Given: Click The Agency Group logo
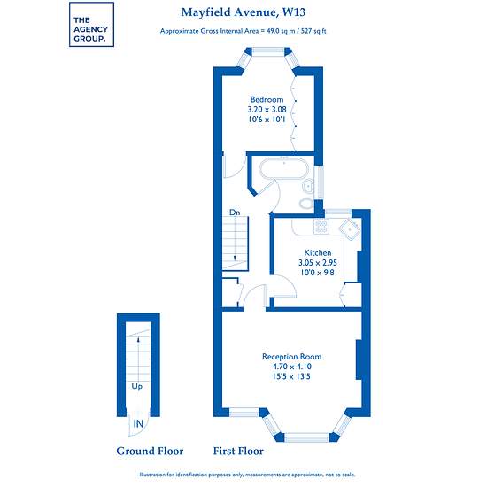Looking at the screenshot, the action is pos(91,25).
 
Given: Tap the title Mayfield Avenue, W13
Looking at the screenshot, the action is pos(243,12).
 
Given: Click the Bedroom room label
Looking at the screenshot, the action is pos(267,99).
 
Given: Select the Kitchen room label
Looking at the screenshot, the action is pos(317,252).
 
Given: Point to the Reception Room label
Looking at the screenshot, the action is pos(291,357).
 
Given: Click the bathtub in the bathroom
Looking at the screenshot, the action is pos(283,168).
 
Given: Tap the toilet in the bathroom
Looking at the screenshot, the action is pos(306,203).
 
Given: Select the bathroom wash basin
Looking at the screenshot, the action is pos(308,186).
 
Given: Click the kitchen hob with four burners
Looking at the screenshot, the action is pos(321,226).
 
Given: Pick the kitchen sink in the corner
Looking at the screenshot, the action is pos(350,229).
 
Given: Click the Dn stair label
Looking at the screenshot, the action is pos(235,213).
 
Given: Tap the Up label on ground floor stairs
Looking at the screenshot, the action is pos(137,386).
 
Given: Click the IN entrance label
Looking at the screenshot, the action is pos(138,423).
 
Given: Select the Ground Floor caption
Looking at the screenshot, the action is pos(150,451).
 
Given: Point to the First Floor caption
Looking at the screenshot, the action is pos(238,451).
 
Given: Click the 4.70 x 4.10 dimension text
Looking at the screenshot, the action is pos(291,367).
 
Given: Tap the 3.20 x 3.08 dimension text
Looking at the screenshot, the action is pos(267,109).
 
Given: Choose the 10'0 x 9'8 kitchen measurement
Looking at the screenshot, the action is pos(317,273).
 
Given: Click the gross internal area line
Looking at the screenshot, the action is pos(243,31).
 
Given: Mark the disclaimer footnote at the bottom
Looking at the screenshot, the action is pos(247,475).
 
